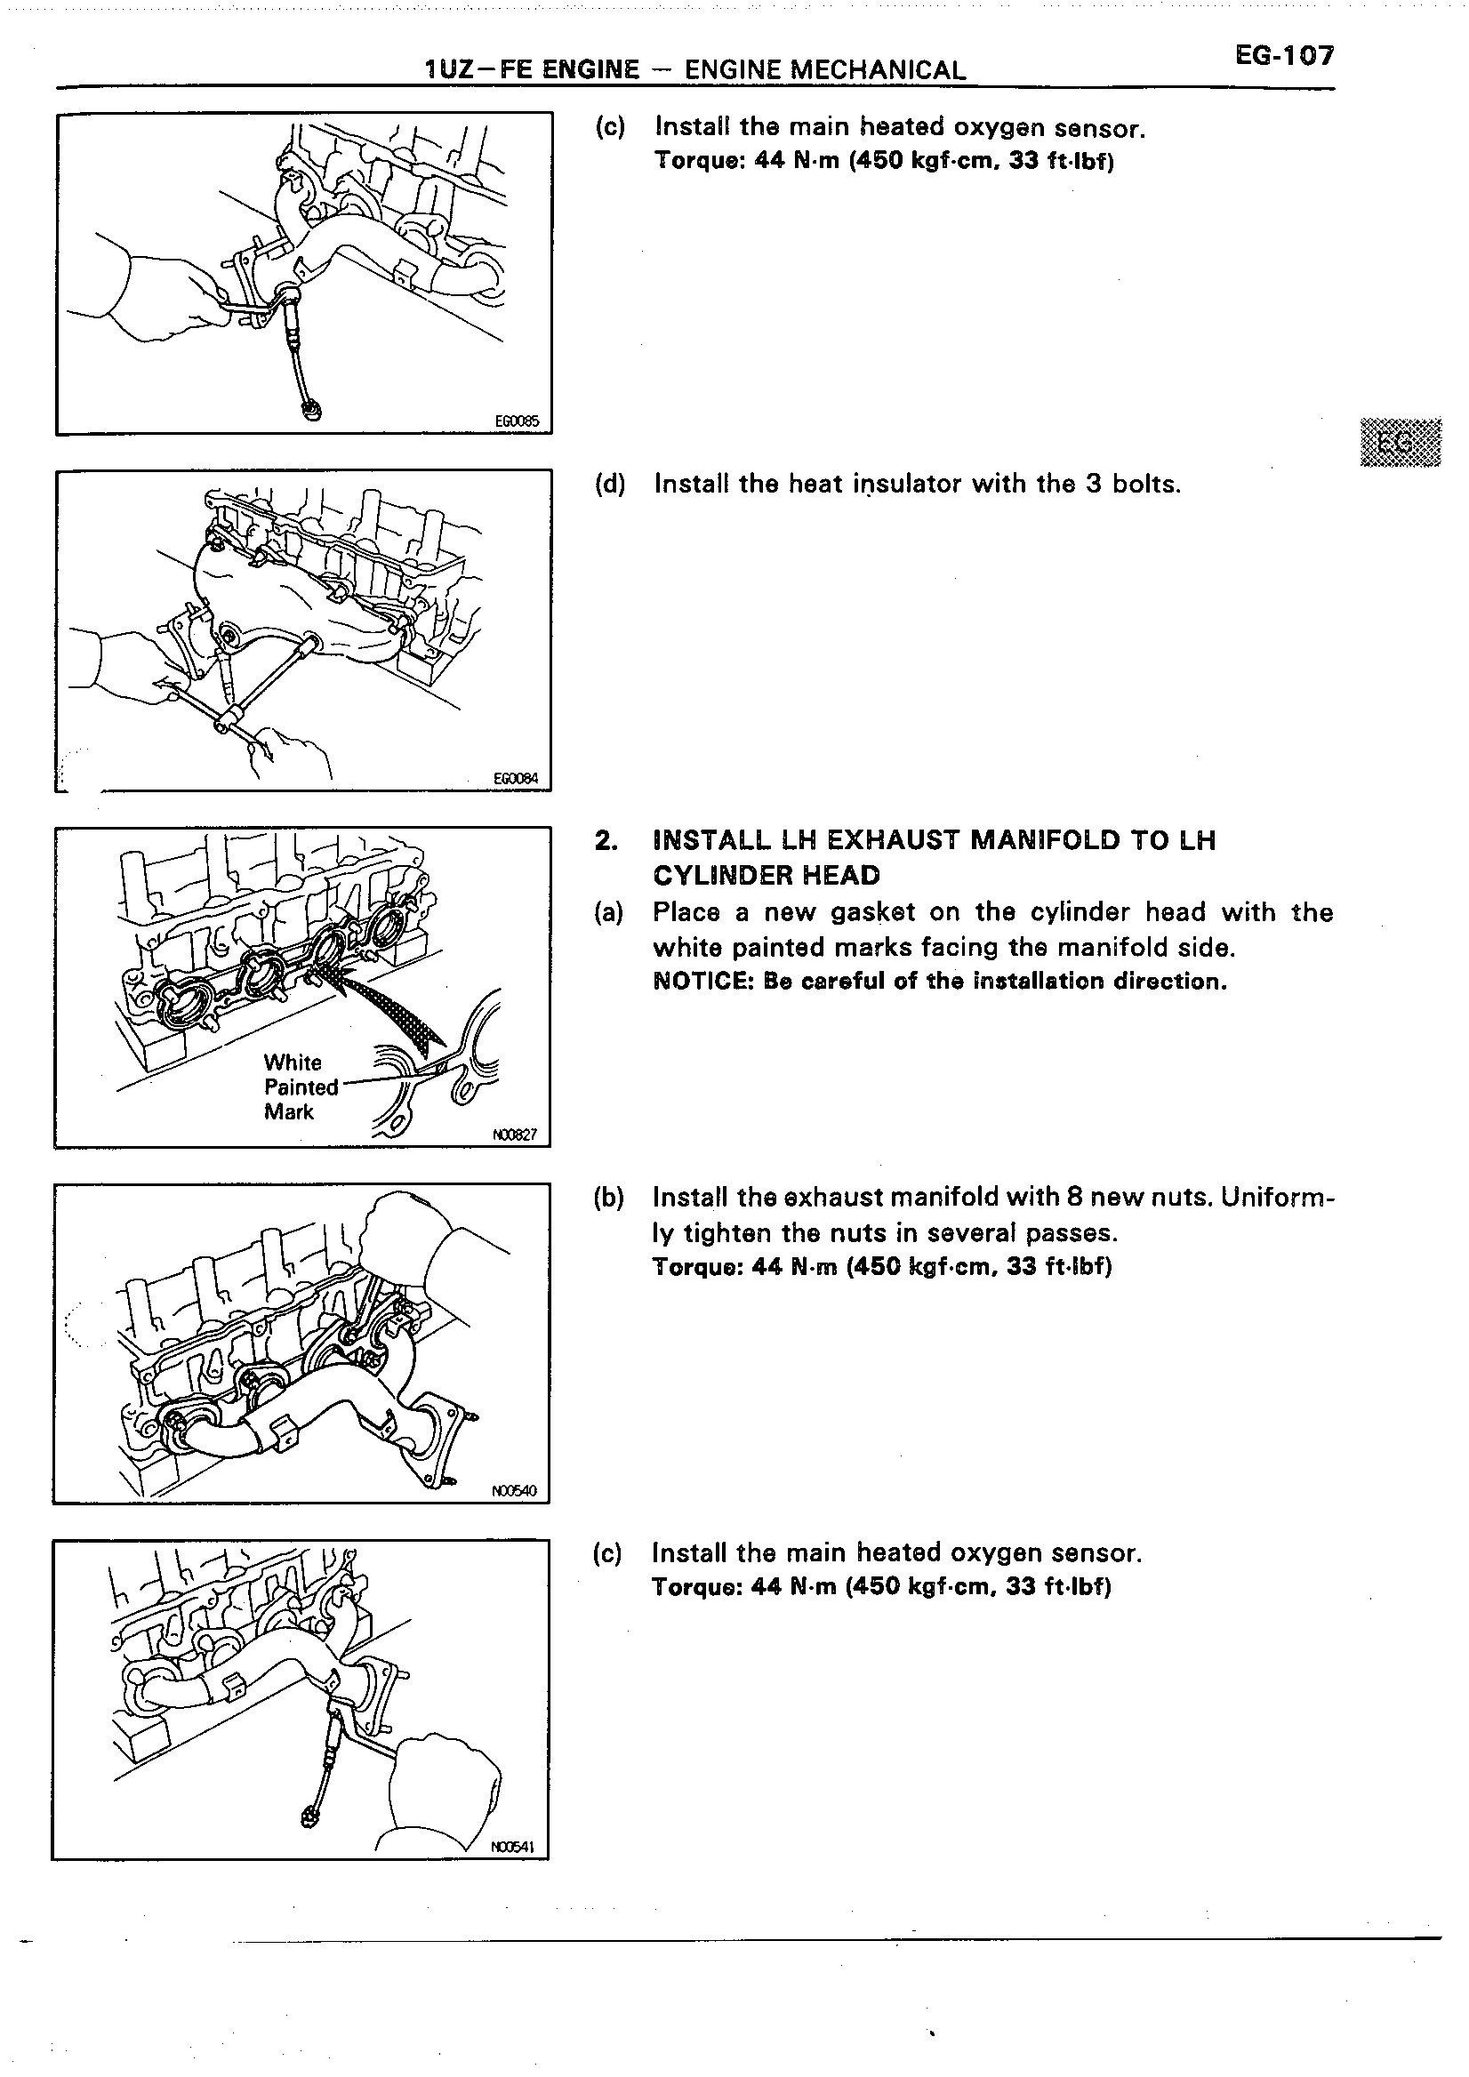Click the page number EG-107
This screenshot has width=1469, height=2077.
pyautogui.click(x=1283, y=56)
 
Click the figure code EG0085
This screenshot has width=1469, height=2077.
pyautogui.click(x=517, y=421)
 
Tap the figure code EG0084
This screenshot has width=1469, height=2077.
pyautogui.click(x=516, y=777)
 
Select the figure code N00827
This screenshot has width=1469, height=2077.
pyautogui.click(x=516, y=1135)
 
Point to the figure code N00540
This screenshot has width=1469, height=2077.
pyautogui.click(x=515, y=1490)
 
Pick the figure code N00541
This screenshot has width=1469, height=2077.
pyautogui.click(x=514, y=1848)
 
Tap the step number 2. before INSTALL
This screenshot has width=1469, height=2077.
pyautogui.click(x=606, y=840)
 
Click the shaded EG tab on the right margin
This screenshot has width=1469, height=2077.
pyautogui.click(x=1400, y=443)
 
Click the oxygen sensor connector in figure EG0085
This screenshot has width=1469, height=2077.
pyautogui.click(x=311, y=412)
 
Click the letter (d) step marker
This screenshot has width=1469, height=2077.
pyautogui.click(x=610, y=484)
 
